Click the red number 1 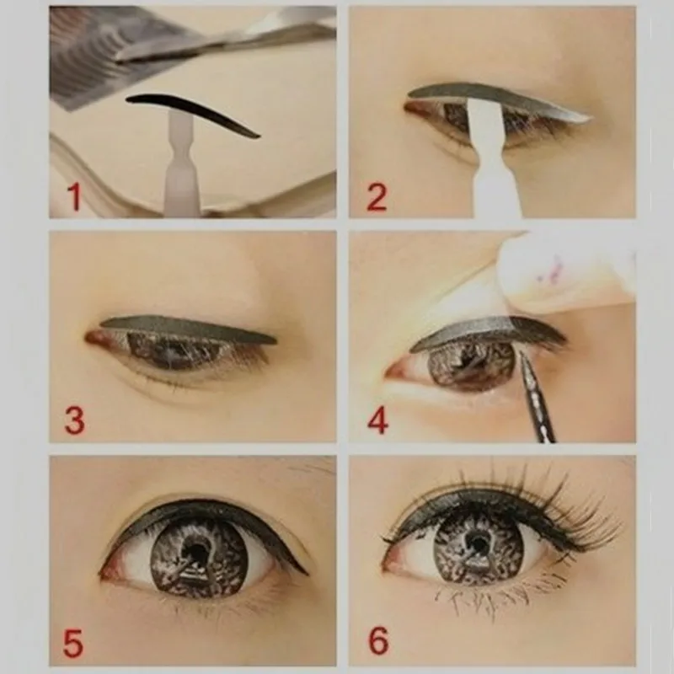point(75,196)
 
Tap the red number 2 point(377,196)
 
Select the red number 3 point(75,420)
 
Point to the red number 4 point(378,420)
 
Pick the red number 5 point(73,643)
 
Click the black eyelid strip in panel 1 point(194,111)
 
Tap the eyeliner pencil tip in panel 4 point(522,354)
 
